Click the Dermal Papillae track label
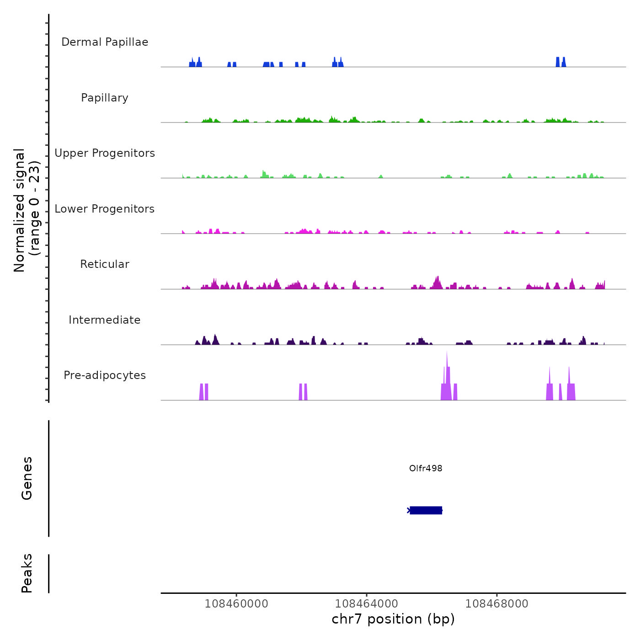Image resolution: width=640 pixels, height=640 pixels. pyautogui.click(x=105, y=42)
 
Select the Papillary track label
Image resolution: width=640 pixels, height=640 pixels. pyautogui.click(x=105, y=98)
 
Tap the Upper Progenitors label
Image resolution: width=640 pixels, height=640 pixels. pyautogui.click(x=105, y=153)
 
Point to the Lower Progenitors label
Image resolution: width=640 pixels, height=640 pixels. pyautogui.click(x=105, y=209)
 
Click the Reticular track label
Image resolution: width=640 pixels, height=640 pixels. pyautogui.click(x=105, y=264)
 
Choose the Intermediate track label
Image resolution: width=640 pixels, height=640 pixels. pyautogui.click(x=105, y=320)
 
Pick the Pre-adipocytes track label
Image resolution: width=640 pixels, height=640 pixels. pyautogui.click(x=105, y=375)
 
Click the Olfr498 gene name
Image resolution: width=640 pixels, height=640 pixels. pyautogui.click(x=426, y=468)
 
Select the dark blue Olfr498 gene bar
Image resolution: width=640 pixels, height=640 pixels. pyautogui.click(x=426, y=510)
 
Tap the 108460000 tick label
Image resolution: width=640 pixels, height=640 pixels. pyautogui.click(x=236, y=603)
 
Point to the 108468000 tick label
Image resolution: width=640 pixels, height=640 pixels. pyautogui.click(x=497, y=603)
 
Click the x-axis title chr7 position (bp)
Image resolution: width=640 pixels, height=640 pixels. pyautogui.click(x=393, y=619)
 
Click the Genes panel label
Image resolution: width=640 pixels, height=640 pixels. pyautogui.click(x=27, y=478)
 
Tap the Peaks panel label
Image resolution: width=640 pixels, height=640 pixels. pyautogui.click(x=27, y=573)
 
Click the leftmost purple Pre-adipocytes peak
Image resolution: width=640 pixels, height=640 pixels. pyautogui.click(x=201, y=392)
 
